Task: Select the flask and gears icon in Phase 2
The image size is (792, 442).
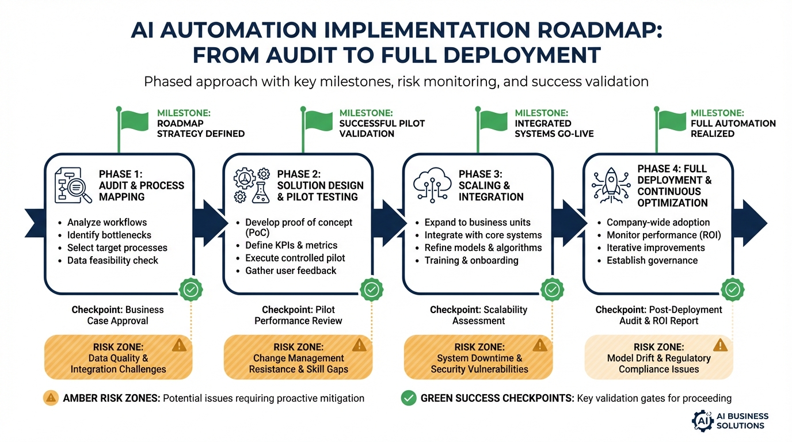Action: pos(252,185)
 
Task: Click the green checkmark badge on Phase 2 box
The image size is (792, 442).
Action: pos(371,289)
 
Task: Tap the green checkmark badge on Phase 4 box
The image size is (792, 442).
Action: pos(732,289)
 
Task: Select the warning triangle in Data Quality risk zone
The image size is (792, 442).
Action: pos(180,345)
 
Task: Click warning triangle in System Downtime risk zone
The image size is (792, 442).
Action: pos(539,345)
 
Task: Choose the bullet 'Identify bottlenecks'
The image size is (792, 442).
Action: pos(109,235)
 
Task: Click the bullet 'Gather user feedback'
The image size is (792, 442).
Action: pos(291,270)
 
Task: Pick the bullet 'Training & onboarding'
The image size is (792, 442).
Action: pos(471,260)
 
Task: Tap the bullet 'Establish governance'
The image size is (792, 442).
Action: pos(652,260)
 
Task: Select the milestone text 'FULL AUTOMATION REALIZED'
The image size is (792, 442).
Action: pos(733,128)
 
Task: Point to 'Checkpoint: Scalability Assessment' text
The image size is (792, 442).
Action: pos(478,315)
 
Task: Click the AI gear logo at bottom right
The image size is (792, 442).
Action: pos(702,420)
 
